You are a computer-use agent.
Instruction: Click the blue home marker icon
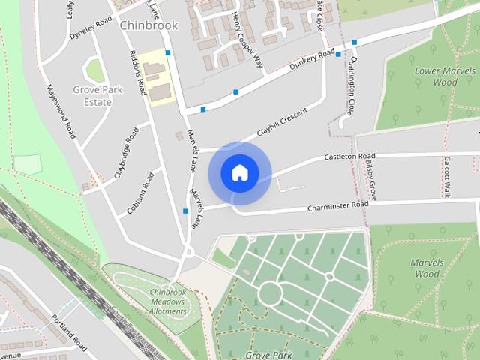(x=239, y=172)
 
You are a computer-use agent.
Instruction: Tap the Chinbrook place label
(x=148, y=25)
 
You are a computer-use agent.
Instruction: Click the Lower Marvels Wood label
(x=435, y=76)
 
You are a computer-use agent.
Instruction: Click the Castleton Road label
(x=349, y=157)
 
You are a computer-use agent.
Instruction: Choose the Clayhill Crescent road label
(x=283, y=121)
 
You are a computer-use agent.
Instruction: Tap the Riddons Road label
(x=136, y=73)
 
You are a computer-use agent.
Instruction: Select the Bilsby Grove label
(x=370, y=179)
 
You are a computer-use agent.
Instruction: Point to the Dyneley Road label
(x=90, y=29)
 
